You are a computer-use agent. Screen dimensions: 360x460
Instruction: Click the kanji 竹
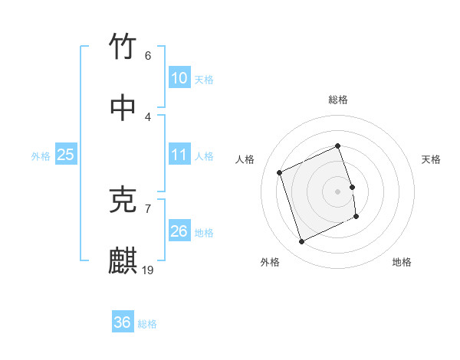click(x=123, y=47)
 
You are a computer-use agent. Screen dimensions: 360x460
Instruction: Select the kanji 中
click(x=123, y=108)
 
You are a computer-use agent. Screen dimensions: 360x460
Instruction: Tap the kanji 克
click(x=123, y=200)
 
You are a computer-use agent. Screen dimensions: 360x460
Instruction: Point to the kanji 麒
click(x=123, y=261)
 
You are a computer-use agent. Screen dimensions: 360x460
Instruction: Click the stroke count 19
click(x=148, y=270)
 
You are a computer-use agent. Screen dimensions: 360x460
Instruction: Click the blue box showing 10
click(x=179, y=78)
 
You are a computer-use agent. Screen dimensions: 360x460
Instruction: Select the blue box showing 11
click(x=179, y=155)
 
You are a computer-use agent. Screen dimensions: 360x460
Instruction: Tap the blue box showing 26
click(x=179, y=231)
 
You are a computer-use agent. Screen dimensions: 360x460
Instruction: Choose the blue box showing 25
click(x=66, y=155)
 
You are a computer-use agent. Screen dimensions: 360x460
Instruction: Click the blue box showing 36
click(x=123, y=322)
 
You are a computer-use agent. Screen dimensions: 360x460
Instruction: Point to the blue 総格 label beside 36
click(x=147, y=324)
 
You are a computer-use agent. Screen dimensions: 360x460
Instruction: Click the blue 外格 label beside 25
click(x=41, y=156)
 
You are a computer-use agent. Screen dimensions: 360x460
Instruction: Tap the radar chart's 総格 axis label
click(x=338, y=100)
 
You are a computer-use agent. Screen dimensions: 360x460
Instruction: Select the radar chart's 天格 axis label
click(x=432, y=159)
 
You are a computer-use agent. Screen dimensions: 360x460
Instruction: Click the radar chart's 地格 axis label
click(x=402, y=262)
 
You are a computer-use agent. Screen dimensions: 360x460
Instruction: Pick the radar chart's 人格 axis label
click(x=245, y=159)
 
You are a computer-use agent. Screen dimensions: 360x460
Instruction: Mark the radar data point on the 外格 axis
click(x=301, y=242)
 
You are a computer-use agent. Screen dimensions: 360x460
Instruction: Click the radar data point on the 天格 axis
click(x=352, y=187)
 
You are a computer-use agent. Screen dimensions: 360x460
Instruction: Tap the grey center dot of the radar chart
click(x=338, y=191)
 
